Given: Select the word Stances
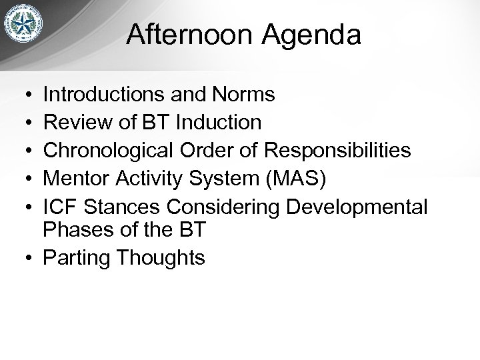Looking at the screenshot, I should point(124,207).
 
